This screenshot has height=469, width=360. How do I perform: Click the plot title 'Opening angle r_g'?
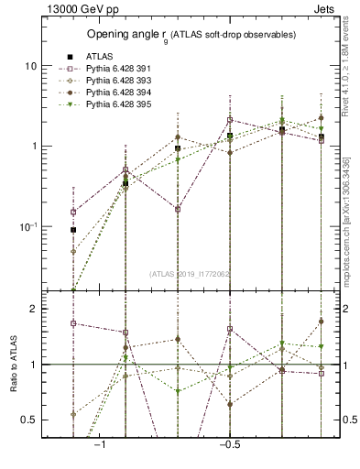click(x=191, y=35)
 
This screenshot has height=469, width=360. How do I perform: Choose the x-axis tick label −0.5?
click(x=229, y=444)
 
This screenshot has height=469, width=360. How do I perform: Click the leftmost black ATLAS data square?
click(x=73, y=229)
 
